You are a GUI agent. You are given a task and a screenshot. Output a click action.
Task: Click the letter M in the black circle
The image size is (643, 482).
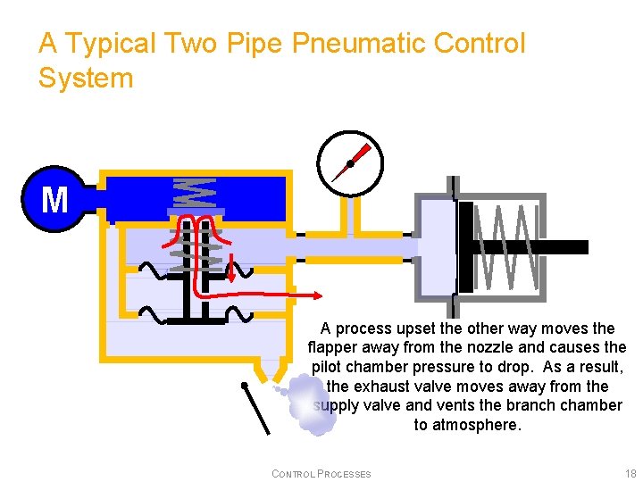pyautogui.click(x=54, y=199)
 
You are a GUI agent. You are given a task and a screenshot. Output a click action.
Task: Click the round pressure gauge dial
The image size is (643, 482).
pyautogui.click(x=349, y=162)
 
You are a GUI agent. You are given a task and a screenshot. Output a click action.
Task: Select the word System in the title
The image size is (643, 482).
pyautogui.click(x=86, y=78)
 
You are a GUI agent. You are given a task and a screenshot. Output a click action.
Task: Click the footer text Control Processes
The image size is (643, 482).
pyautogui.click(x=321, y=474)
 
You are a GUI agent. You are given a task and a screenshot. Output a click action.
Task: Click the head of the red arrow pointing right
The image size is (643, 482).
pyautogui.click(x=316, y=295)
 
